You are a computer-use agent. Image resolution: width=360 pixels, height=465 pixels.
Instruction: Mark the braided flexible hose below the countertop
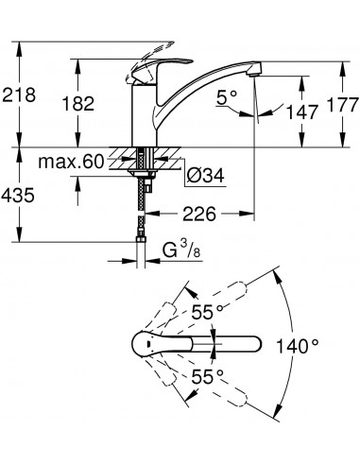pyautogui.click(x=143, y=217)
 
